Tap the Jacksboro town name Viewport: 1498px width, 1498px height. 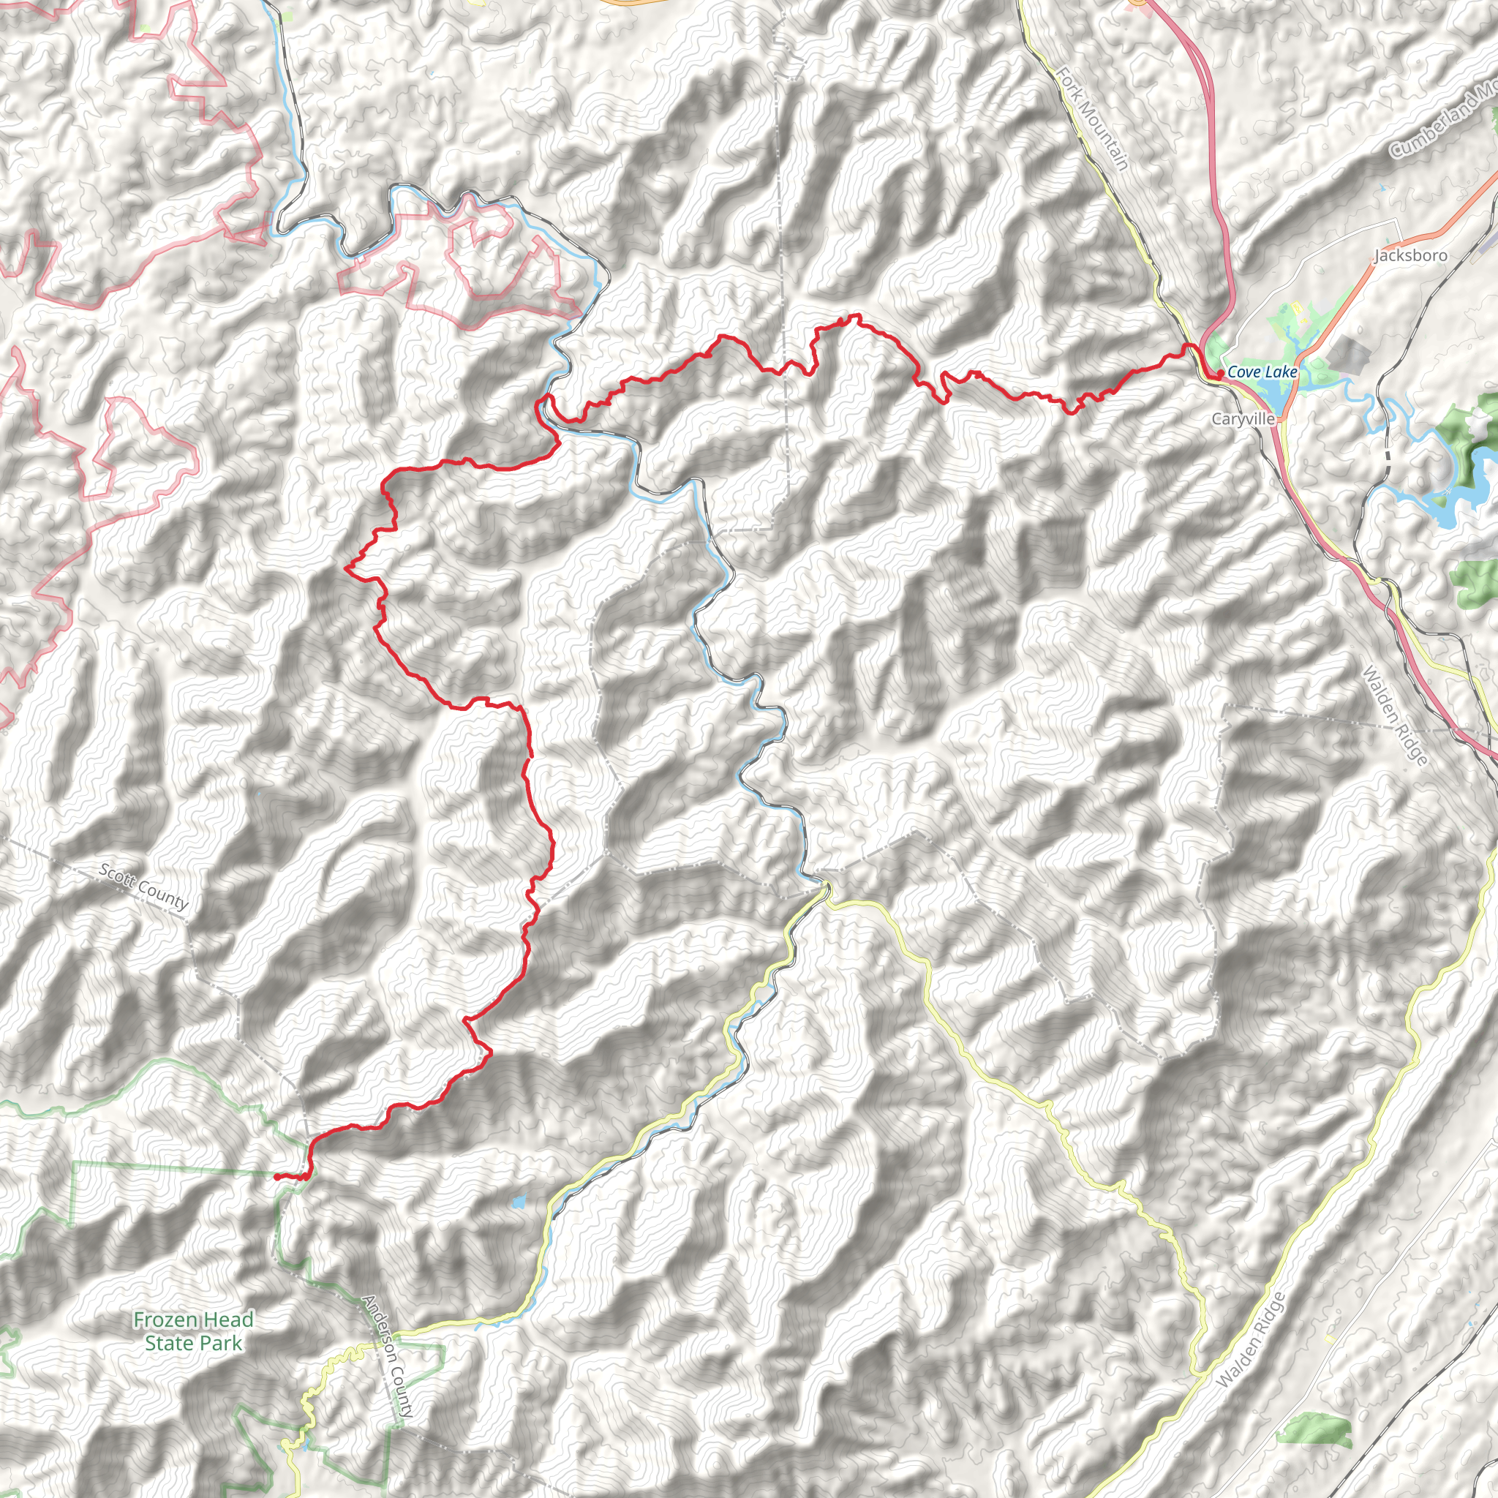click(x=1409, y=255)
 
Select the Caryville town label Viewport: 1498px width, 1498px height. click(x=1243, y=418)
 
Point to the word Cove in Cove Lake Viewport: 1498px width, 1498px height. click(x=1243, y=372)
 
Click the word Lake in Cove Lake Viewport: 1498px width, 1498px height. click(x=1280, y=372)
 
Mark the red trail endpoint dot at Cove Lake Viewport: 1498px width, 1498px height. click(x=1221, y=374)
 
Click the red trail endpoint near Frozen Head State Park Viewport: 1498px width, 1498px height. click(x=276, y=1176)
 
